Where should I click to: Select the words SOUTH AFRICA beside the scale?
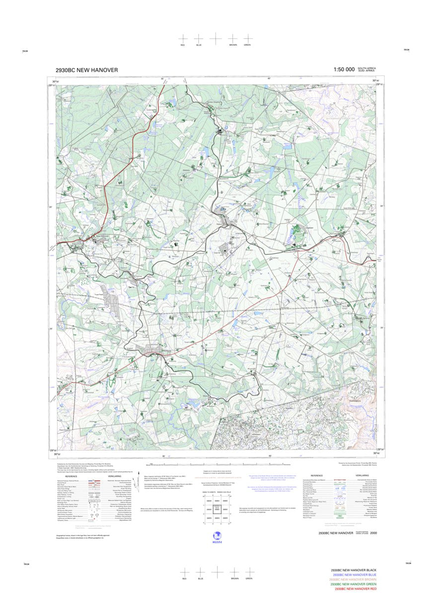click(367, 68)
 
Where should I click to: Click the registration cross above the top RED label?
click(183, 38)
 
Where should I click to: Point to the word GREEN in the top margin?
click(247, 45)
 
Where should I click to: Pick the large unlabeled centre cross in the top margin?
click(216, 38)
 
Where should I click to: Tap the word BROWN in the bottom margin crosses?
click(234, 579)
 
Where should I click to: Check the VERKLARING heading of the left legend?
click(114, 476)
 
